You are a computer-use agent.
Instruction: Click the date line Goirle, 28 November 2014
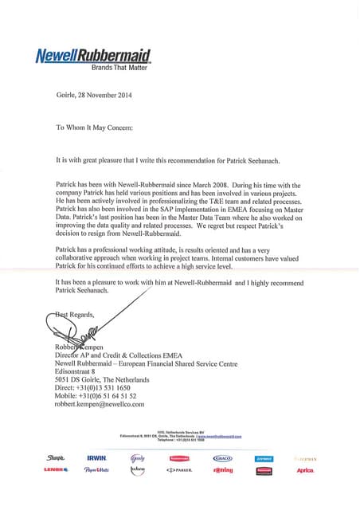[95, 97]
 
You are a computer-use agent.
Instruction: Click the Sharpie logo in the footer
[56, 458]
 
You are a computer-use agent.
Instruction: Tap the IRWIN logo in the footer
[97, 458]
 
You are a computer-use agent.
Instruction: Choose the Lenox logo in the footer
[56, 471]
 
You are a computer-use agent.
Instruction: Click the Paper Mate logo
[97, 471]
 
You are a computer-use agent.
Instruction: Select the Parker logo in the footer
[181, 471]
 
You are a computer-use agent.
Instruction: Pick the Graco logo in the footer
[223, 458]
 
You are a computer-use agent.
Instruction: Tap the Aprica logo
[306, 471]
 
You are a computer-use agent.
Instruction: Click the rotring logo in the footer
[223, 471]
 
